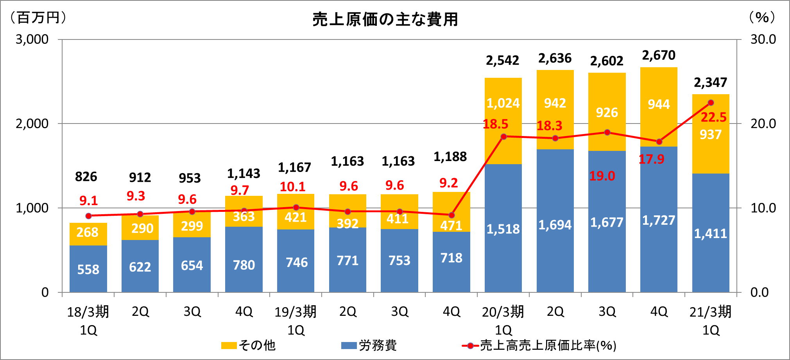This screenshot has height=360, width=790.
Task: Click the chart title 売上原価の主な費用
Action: tap(385, 20)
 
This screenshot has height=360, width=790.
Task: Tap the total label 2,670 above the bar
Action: tap(659, 56)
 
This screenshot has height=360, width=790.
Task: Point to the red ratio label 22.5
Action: tap(713, 117)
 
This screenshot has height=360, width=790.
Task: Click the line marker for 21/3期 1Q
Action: tap(711, 103)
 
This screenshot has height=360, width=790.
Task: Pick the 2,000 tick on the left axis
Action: tap(32, 124)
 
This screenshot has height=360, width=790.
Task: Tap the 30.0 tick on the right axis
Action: tap(763, 39)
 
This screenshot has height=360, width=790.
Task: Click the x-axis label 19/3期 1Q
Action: tap(296, 321)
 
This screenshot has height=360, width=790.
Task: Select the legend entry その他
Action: tap(249, 346)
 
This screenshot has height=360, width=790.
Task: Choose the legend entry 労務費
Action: tap(369, 346)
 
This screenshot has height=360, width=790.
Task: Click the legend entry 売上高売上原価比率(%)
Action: tap(539, 346)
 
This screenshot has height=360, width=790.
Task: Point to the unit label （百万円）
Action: tap(38, 18)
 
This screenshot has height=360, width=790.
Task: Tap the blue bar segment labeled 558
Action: tap(88, 269)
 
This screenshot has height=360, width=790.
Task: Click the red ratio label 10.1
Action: tap(292, 187)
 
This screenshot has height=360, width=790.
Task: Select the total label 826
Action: tap(86, 177)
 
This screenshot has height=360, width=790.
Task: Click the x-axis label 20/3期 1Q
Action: tap(503, 321)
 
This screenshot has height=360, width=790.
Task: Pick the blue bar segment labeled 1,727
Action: tap(659, 220)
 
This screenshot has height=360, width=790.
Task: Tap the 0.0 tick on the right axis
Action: tap(760, 292)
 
